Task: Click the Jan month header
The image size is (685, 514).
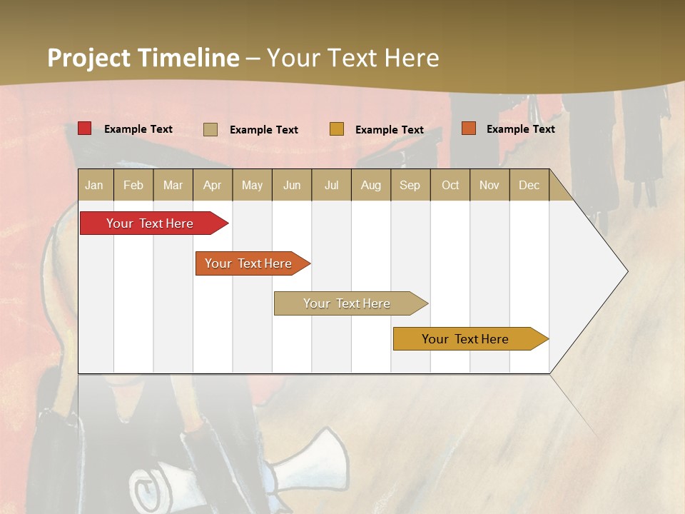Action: (94, 185)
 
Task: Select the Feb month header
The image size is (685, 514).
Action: (133, 185)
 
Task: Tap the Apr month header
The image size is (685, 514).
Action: (212, 185)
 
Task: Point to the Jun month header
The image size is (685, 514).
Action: (292, 185)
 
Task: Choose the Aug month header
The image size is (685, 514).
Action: (370, 185)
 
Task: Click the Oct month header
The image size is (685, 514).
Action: (450, 185)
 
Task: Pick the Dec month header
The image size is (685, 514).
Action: (529, 185)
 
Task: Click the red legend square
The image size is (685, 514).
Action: (85, 128)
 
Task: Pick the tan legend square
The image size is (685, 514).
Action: (210, 129)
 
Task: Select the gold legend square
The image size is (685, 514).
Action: (337, 129)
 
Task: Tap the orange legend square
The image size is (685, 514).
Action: (468, 128)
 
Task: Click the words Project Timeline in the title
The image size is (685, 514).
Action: (143, 58)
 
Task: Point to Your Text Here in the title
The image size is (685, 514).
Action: (352, 58)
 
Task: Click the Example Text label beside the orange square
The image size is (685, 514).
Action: (520, 128)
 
